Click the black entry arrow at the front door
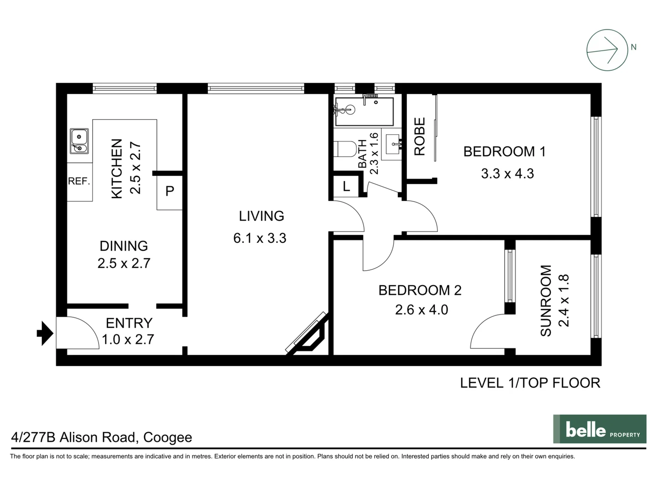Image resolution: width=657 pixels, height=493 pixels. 45,333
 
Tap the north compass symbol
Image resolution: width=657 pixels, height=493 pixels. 607,50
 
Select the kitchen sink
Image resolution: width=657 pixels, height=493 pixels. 79,141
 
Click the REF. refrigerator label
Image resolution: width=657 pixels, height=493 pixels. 79,181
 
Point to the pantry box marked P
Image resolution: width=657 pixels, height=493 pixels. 170,191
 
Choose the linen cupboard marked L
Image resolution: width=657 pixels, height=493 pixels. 346,186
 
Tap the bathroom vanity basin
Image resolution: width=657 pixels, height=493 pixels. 392,144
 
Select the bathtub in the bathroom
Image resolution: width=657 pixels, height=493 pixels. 364,111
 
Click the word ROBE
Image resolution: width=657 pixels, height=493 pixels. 419,136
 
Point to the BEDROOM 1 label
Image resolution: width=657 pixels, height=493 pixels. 504,152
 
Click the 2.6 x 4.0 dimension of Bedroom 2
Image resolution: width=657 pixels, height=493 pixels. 421,310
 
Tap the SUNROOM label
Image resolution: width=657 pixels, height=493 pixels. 546,301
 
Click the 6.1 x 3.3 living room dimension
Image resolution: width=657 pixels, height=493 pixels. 260,238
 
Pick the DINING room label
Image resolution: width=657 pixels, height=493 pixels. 124,246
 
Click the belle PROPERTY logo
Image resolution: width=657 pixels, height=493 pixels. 600,429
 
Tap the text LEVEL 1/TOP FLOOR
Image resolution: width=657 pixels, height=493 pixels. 530,383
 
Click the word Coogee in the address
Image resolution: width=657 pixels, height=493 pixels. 167,437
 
